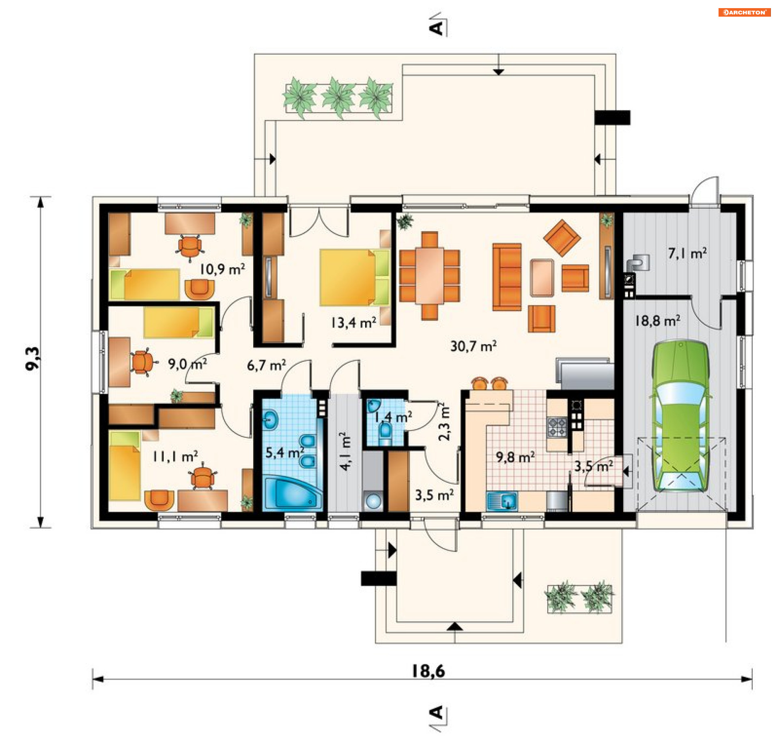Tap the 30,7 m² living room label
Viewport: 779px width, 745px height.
tap(473, 346)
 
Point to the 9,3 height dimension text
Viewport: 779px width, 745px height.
tap(33, 358)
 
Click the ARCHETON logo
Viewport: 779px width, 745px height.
tap(744, 12)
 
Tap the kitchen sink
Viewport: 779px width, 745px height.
tap(502, 500)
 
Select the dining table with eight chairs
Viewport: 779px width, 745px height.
tap(429, 276)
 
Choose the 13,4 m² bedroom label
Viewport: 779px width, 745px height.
tap(353, 323)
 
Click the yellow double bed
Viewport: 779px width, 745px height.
tap(355, 277)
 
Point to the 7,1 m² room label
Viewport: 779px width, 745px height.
tap(687, 253)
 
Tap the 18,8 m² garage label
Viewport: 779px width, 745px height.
tap(657, 321)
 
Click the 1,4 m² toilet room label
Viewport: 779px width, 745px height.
tap(392, 417)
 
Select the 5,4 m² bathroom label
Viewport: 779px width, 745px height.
tap(285, 452)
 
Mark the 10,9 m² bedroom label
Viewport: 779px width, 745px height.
tap(222, 269)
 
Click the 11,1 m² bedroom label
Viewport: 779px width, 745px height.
tap(175, 456)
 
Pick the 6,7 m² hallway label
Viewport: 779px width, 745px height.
tap(266, 365)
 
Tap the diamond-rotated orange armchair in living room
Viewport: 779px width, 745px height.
tap(562, 238)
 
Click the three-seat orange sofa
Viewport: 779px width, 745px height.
tap(507, 277)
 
